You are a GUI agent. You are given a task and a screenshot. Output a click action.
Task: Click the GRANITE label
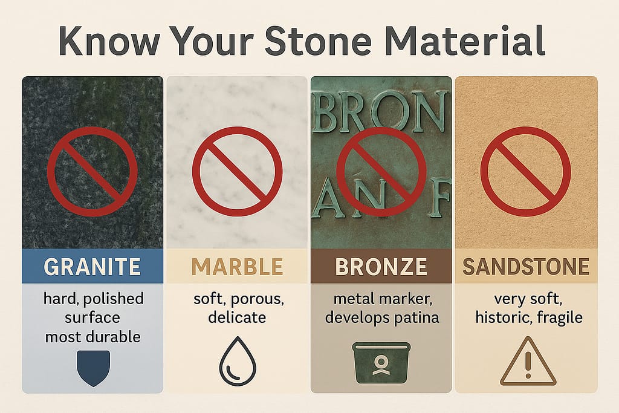tap(92, 267)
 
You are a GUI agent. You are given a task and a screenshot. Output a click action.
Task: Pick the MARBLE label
tap(237, 267)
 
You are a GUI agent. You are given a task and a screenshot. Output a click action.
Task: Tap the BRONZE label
tap(381, 267)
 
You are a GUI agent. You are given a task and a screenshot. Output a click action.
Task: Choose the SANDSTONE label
tap(526, 267)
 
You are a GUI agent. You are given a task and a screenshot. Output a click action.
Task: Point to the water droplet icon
tap(237, 366)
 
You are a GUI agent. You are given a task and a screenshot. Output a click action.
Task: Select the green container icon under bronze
tap(381, 366)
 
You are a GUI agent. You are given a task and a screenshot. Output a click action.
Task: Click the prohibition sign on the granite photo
tap(92, 172)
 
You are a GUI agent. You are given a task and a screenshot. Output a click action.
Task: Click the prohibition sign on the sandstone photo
tap(525, 171)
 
